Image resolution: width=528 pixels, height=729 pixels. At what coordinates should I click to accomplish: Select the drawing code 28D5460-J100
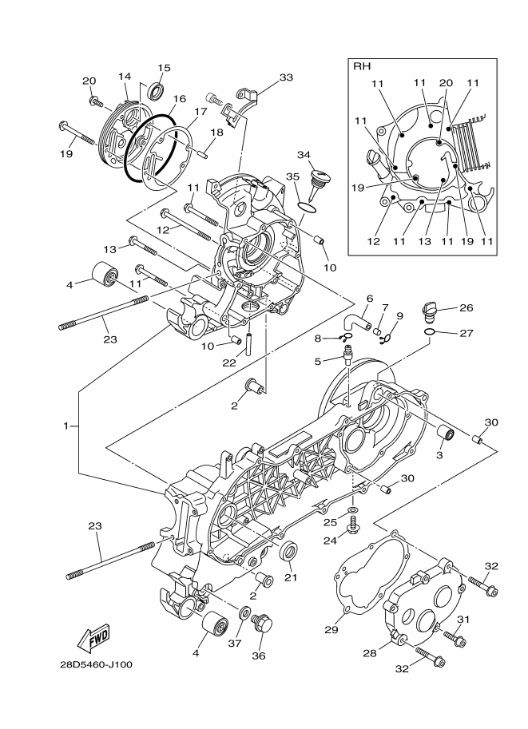[96, 664]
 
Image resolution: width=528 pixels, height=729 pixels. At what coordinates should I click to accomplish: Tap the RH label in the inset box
[363, 67]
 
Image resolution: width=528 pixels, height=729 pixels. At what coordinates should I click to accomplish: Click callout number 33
[285, 77]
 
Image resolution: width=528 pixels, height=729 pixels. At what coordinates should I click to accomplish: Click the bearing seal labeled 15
[156, 88]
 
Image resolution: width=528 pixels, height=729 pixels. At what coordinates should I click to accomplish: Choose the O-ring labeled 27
[431, 332]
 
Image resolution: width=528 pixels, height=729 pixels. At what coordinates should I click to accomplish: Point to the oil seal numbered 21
[289, 550]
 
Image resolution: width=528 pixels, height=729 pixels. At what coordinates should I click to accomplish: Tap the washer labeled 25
[353, 509]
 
